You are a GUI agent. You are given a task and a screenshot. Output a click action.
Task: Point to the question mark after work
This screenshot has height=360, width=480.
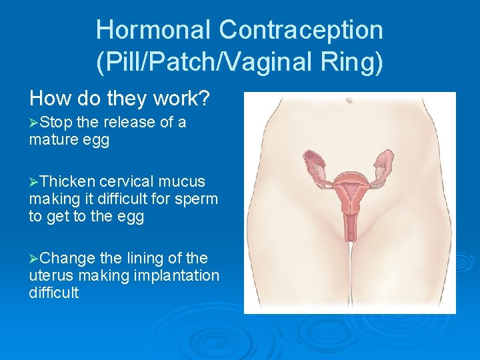coord(205,99)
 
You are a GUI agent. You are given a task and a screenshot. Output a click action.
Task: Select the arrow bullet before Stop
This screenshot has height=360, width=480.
coord(34,123)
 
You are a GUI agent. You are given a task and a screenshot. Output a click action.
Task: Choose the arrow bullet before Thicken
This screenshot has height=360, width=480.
coord(34,182)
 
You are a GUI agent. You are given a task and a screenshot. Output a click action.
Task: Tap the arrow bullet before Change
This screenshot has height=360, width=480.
coord(34,259)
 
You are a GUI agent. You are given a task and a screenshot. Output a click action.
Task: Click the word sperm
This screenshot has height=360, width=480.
coord(198,199)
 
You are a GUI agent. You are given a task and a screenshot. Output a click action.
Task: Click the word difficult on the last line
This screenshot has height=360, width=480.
coord(54,293)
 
